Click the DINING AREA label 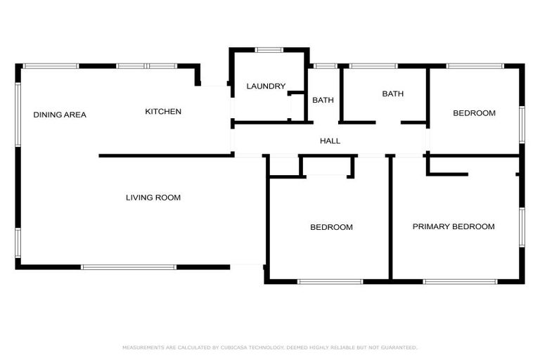pyautogui.click(x=60, y=115)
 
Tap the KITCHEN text pyautogui.click(x=163, y=112)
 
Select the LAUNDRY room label pyautogui.click(x=266, y=86)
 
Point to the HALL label pyautogui.click(x=330, y=141)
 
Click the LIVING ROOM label pyautogui.click(x=153, y=198)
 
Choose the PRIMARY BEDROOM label pyautogui.click(x=453, y=226)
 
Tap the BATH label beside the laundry pyautogui.click(x=323, y=101)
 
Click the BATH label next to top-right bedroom pyautogui.click(x=392, y=94)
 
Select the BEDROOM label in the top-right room pyautogui.click(x=474, y=113)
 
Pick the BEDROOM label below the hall pyautogui.click(x=331, y=227)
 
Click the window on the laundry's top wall pyautogui.click(x=269, y=49)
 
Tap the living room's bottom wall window pyautogui.click(x=129, y=267)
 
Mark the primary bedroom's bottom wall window pyautogui.click(x=460, y=282)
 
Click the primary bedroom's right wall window pyautogui.click(x=522, y=226)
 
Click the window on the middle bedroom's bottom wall pyautogui.click(x=330, y=282)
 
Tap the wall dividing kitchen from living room pyautogui.click(x=166, y=155)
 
